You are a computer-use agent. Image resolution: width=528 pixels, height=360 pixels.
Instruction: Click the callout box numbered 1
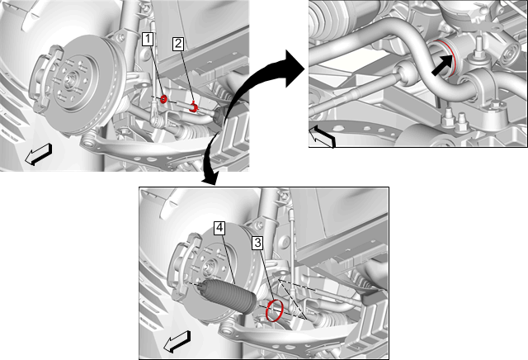point(148,39)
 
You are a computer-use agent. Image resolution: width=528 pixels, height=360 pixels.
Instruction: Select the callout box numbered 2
point(178,44)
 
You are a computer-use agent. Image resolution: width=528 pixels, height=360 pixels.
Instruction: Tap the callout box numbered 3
point(257,243)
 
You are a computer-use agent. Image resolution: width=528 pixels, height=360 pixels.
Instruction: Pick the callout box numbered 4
point(219,228)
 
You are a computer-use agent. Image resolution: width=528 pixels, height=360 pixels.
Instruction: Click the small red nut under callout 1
point(163,99)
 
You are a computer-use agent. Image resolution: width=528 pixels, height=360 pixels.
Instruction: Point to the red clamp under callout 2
point(194,107)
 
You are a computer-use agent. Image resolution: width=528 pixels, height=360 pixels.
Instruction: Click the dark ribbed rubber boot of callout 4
point(229,296)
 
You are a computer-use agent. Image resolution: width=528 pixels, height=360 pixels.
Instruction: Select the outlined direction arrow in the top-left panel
point(39,154)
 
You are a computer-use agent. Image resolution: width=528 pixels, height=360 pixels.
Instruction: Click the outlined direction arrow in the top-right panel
point(323,136)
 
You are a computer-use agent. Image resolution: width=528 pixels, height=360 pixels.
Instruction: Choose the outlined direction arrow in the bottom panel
point(177,342)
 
